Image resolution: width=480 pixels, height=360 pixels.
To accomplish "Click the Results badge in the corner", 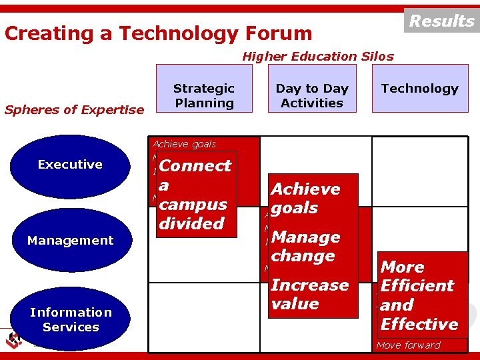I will tap(441, 21).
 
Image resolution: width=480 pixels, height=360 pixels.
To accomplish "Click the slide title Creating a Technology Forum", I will tap(158, 33).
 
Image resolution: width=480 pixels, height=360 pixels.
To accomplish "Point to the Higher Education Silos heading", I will tap(317, 57).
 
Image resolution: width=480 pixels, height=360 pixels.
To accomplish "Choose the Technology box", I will tap(420, 88).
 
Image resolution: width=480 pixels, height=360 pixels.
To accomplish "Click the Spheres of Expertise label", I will tap(74, 110).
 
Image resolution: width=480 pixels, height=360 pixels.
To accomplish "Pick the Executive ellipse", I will tap(70, 165).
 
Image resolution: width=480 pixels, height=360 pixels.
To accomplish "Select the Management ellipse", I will tap(70, 241).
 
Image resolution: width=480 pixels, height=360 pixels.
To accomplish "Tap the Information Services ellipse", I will tap(70, 319).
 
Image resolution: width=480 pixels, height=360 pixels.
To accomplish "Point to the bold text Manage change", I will tap(305, 246).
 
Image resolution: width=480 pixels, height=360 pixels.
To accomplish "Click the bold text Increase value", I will tap(309, 294).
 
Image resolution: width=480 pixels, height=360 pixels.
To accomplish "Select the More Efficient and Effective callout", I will tap(421, 295).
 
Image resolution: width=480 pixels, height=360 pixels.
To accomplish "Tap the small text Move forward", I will tap(408, 345).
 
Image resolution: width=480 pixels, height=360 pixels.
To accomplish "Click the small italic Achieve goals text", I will tap(184, 143).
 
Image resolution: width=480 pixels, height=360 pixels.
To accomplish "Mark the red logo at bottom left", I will tap(14, 340).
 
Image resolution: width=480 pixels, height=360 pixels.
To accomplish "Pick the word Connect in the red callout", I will tap(195, 165).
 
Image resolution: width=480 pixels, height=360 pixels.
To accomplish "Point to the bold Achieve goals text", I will tap(305, 198).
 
